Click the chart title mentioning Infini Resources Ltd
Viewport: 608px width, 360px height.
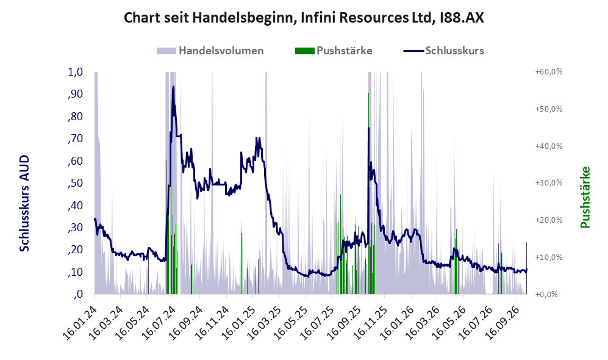click(304, 18)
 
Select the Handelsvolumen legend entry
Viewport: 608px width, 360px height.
click(210, 51)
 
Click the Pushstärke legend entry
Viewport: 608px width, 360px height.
click(334, 51)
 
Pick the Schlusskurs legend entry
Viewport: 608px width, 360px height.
click(443, 51)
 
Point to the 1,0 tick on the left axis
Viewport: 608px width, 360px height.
click(76, 72)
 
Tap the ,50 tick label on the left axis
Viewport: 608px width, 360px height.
click(75, 183)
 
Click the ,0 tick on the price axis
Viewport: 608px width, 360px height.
click(78, 294)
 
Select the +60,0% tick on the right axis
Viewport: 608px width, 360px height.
click(549, 72)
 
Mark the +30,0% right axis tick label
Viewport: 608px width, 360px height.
click(549, 182)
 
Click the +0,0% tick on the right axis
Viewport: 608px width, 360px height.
click(546, 294)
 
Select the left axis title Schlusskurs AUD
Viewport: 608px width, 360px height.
click(24, 203)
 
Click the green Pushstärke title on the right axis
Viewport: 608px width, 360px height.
click(585, 198)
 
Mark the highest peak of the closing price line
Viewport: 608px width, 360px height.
click(173, 87)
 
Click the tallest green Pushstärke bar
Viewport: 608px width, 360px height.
click(368, 193)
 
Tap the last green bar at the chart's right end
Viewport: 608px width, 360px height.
click(526, 268)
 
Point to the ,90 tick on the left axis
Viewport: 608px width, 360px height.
click(75, 94)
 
